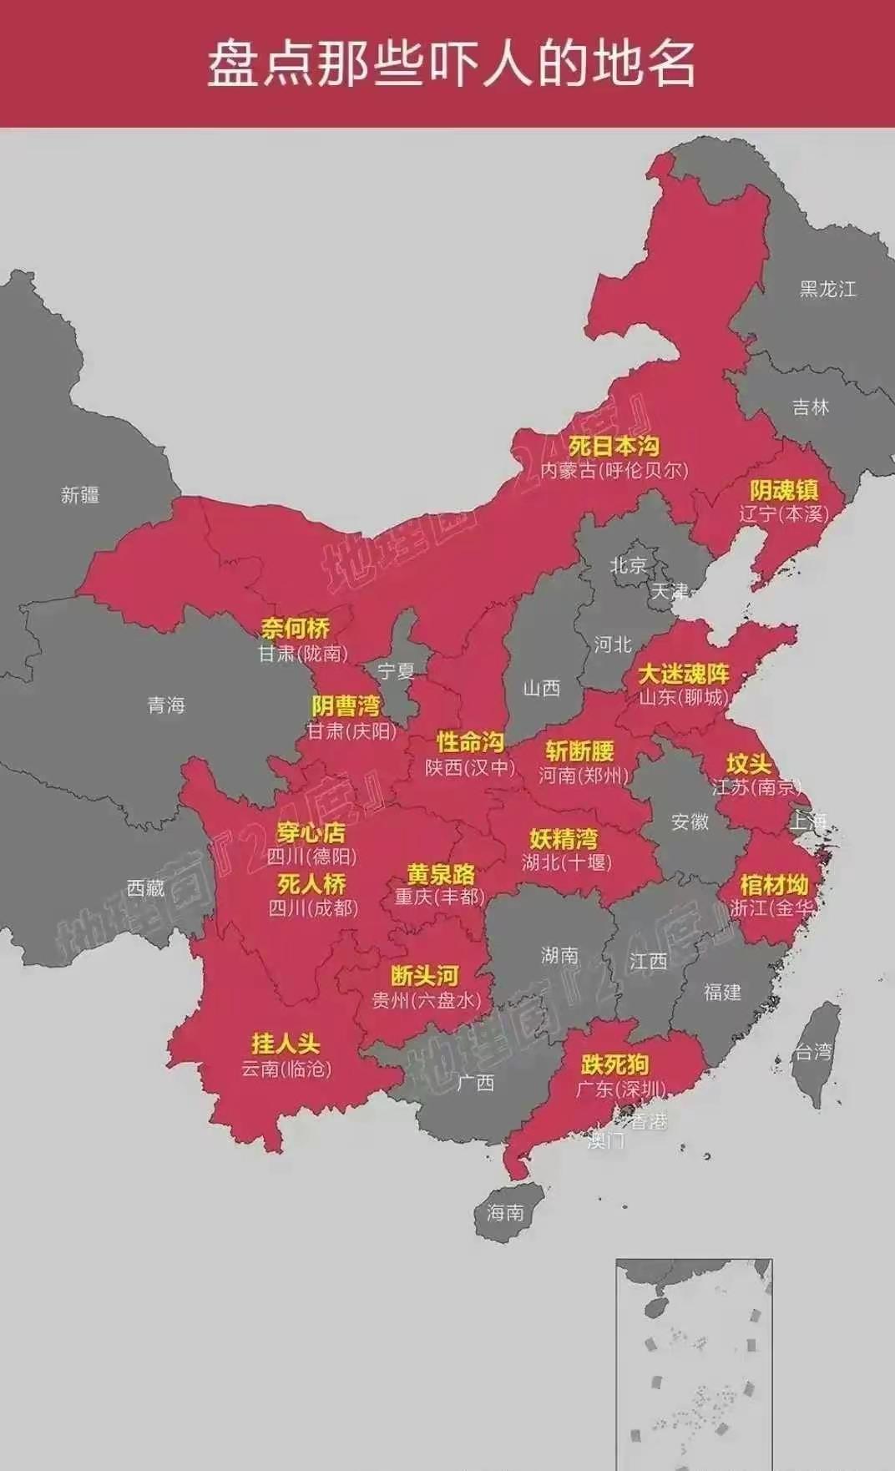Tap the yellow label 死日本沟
click(614, 446)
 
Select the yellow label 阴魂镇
click(783, 490)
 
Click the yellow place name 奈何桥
click(295, 628)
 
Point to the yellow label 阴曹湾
click(346, 706)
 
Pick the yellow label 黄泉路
click(441, 874)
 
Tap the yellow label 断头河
click(425, 975)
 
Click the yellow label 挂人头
click(286, 1044)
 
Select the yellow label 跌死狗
click(614, 1064)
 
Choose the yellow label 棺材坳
click(774, 884)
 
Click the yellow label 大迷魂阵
click(684, 673)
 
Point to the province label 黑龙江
click(827, 289)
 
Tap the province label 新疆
click(80, 495)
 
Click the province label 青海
click(166, 705)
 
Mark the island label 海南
click(505, 1212)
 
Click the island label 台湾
click(813, 1052)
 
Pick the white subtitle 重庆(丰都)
click(440, 897)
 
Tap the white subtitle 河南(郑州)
click(583, 776)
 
